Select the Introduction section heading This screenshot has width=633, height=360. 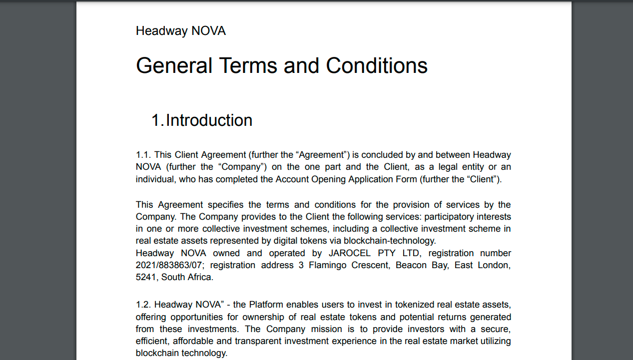click(209, 120)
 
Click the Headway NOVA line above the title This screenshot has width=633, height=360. click(180, 31)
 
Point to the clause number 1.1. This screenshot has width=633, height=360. click(143, 155)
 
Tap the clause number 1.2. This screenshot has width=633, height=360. click(143, 305)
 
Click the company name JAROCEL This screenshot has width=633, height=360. click(349, 253)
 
